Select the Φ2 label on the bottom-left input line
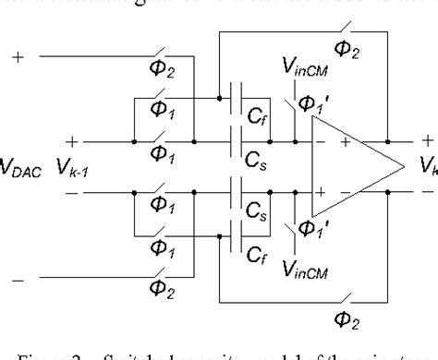click(163, 295)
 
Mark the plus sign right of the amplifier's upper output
click(427, 141)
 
